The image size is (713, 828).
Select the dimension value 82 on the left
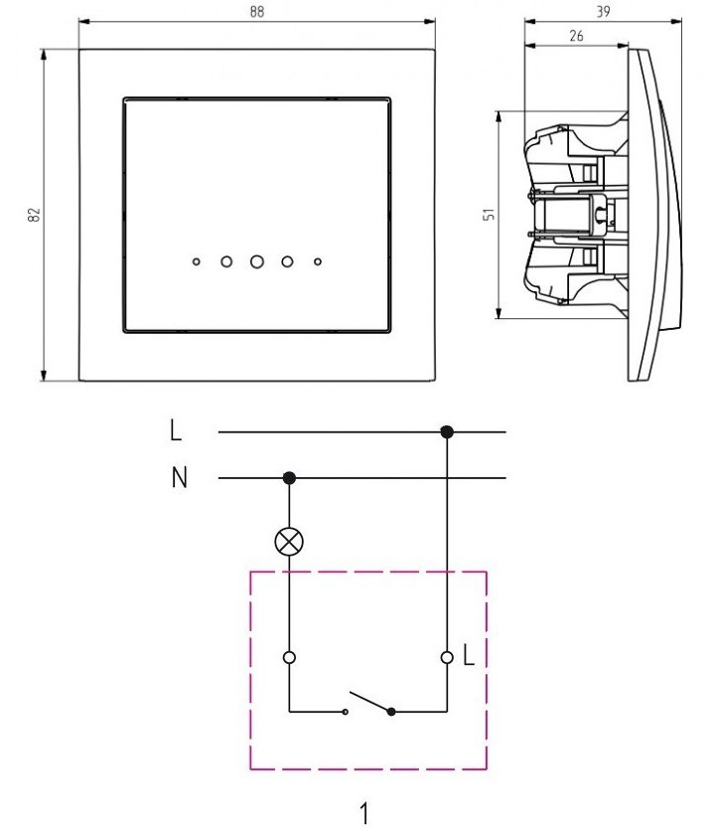coord(33,215)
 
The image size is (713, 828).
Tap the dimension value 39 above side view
coord(603,11)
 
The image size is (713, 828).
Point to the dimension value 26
coord(577,35)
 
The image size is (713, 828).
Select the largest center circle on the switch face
coord(257,261)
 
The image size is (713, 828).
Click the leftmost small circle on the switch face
coord(197,262)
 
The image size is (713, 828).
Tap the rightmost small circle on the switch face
coord(318,262)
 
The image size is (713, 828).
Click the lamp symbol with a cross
coord(289,541)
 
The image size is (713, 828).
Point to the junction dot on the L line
coord(447,431)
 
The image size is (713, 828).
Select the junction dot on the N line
coord(289,478)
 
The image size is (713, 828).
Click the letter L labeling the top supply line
coord(176,431)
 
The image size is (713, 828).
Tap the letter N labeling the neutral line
coord(179,478)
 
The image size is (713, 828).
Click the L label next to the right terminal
coord(469,657)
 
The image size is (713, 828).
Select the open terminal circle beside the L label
coord(447,657)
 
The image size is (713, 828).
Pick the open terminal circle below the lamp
coord(289,657)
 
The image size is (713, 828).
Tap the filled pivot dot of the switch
coord(391,712)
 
